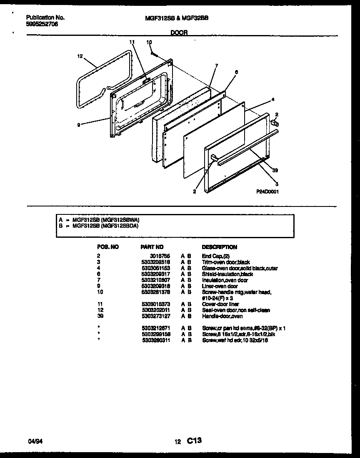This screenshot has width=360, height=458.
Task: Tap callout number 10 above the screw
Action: (149, 42)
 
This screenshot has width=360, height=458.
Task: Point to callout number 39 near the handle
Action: (275, 170)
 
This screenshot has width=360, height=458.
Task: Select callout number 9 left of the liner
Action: (78, 124)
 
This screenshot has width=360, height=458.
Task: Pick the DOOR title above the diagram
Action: (179, 32)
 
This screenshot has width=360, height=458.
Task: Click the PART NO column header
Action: (152, 247)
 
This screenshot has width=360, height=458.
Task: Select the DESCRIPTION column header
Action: (219, 247)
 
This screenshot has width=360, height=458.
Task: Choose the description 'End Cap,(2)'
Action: (216, 256)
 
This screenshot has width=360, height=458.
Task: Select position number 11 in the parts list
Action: (99, 304)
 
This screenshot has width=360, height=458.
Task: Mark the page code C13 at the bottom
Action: (194, 440)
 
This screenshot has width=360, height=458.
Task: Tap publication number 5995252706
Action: (42, 24)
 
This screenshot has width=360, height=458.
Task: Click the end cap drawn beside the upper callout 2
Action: (275, 122)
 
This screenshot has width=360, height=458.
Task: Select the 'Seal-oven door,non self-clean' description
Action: (236, 310)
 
